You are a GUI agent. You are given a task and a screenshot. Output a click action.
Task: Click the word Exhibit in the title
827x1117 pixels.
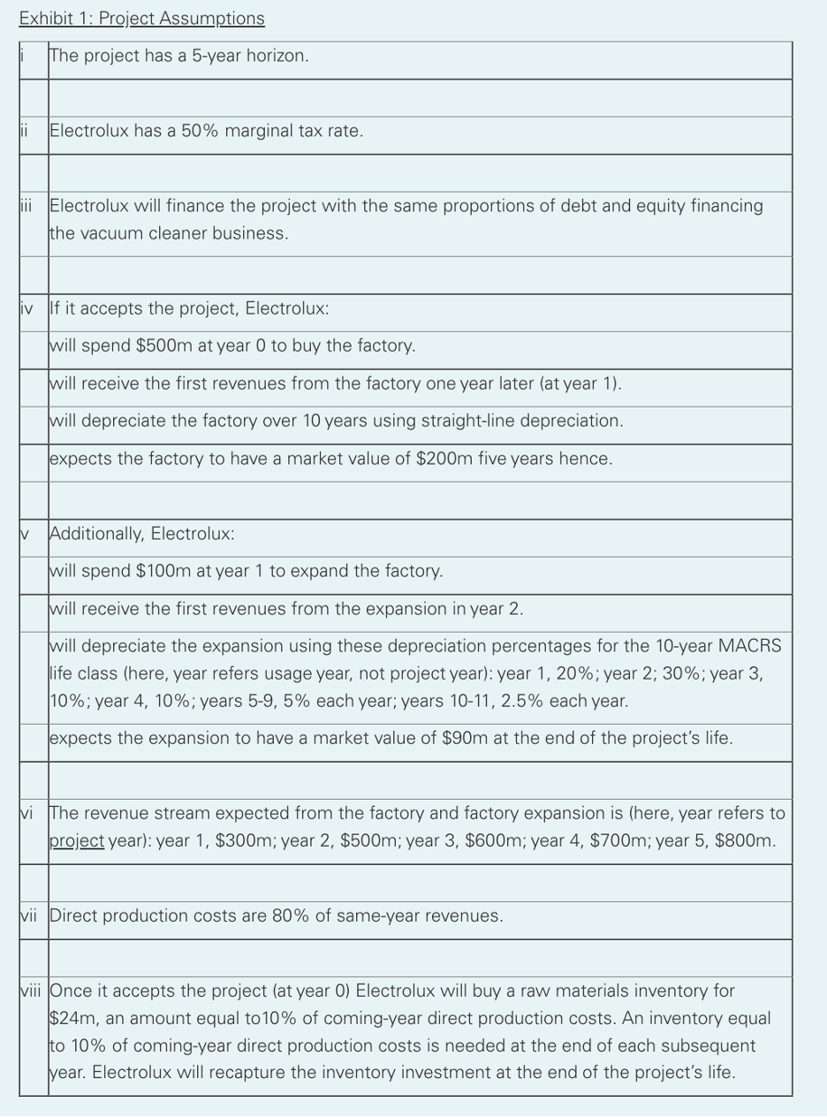pos(43,19)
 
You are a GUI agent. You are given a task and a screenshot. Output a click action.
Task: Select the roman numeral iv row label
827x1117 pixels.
pos(28,308)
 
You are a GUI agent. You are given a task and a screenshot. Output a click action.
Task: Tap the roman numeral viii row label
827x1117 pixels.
pos(32,991)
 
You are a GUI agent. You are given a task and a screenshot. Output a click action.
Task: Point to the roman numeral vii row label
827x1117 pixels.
pos(31,916)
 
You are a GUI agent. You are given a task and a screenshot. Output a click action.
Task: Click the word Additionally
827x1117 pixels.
pos(96,534)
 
